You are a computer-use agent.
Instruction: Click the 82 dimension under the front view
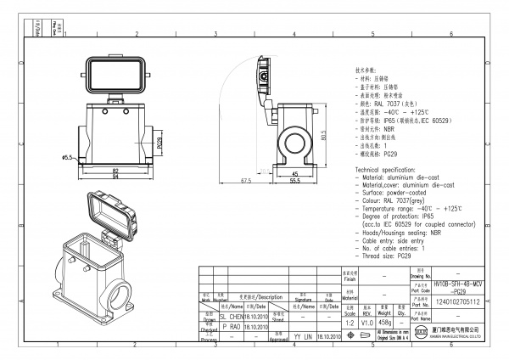point(115,170)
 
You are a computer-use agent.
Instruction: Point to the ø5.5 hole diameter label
point(66,157)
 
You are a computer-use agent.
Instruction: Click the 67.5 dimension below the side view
point(246,180)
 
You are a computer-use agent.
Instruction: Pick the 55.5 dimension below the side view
point(295,180)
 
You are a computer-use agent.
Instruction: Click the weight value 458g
point(385,323)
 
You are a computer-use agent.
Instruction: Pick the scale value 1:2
point(349,323)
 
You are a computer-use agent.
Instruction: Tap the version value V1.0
point(366,323)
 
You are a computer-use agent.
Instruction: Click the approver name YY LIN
point(303,336)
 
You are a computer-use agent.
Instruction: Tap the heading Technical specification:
point(394,171)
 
